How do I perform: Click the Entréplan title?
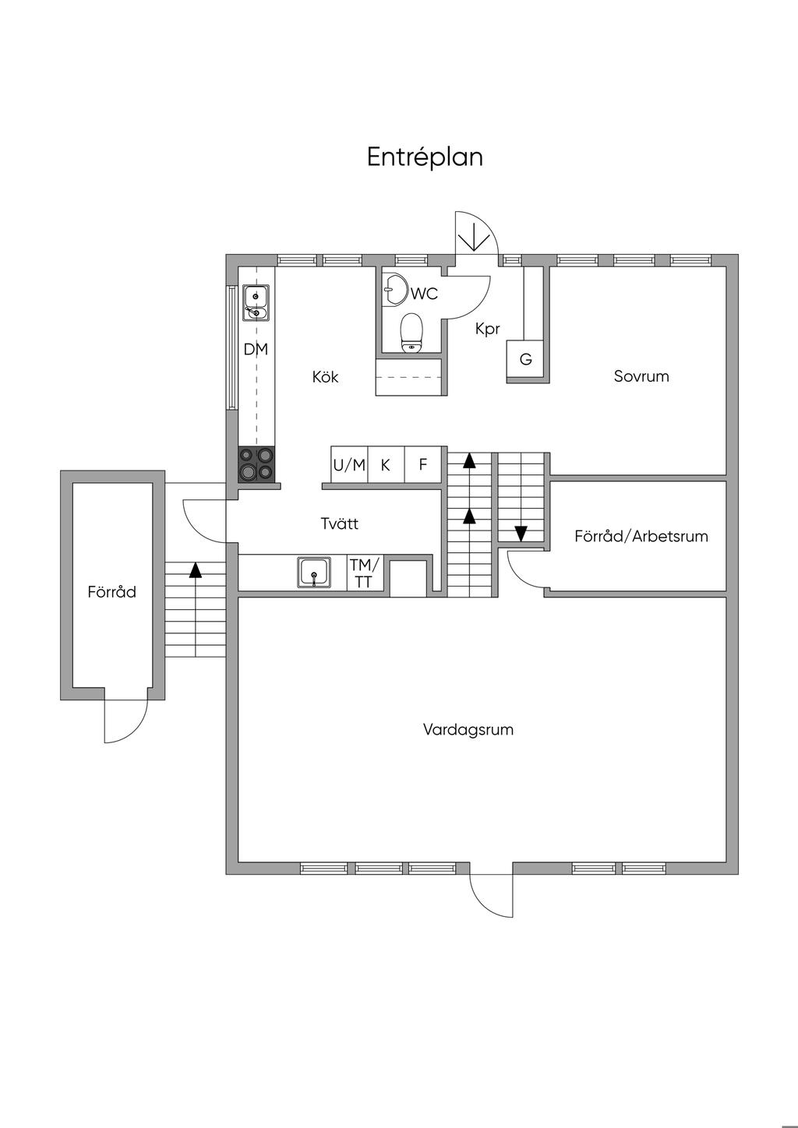pos(425,157)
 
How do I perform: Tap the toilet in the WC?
pos(411,333)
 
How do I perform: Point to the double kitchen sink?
pos(256,303)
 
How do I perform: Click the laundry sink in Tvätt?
pos(314,573)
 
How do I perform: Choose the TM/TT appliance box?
pos(365,573)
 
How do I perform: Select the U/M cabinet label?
pos(349,465)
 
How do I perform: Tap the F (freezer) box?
pos(423,465)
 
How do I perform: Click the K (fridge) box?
pos(385,465)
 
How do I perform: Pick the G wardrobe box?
pos(525,360)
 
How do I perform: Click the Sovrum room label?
pos(641,376)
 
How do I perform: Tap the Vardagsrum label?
pos(468,730)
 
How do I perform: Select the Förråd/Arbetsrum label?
pos(641,536)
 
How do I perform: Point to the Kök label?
pos(326,377)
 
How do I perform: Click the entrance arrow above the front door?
pos(471,236)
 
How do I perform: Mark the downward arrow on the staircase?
pos(521,534)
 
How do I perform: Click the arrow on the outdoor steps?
pos(195,569)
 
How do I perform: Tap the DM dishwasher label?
pos(256,350)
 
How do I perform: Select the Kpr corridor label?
pos(487,330)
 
